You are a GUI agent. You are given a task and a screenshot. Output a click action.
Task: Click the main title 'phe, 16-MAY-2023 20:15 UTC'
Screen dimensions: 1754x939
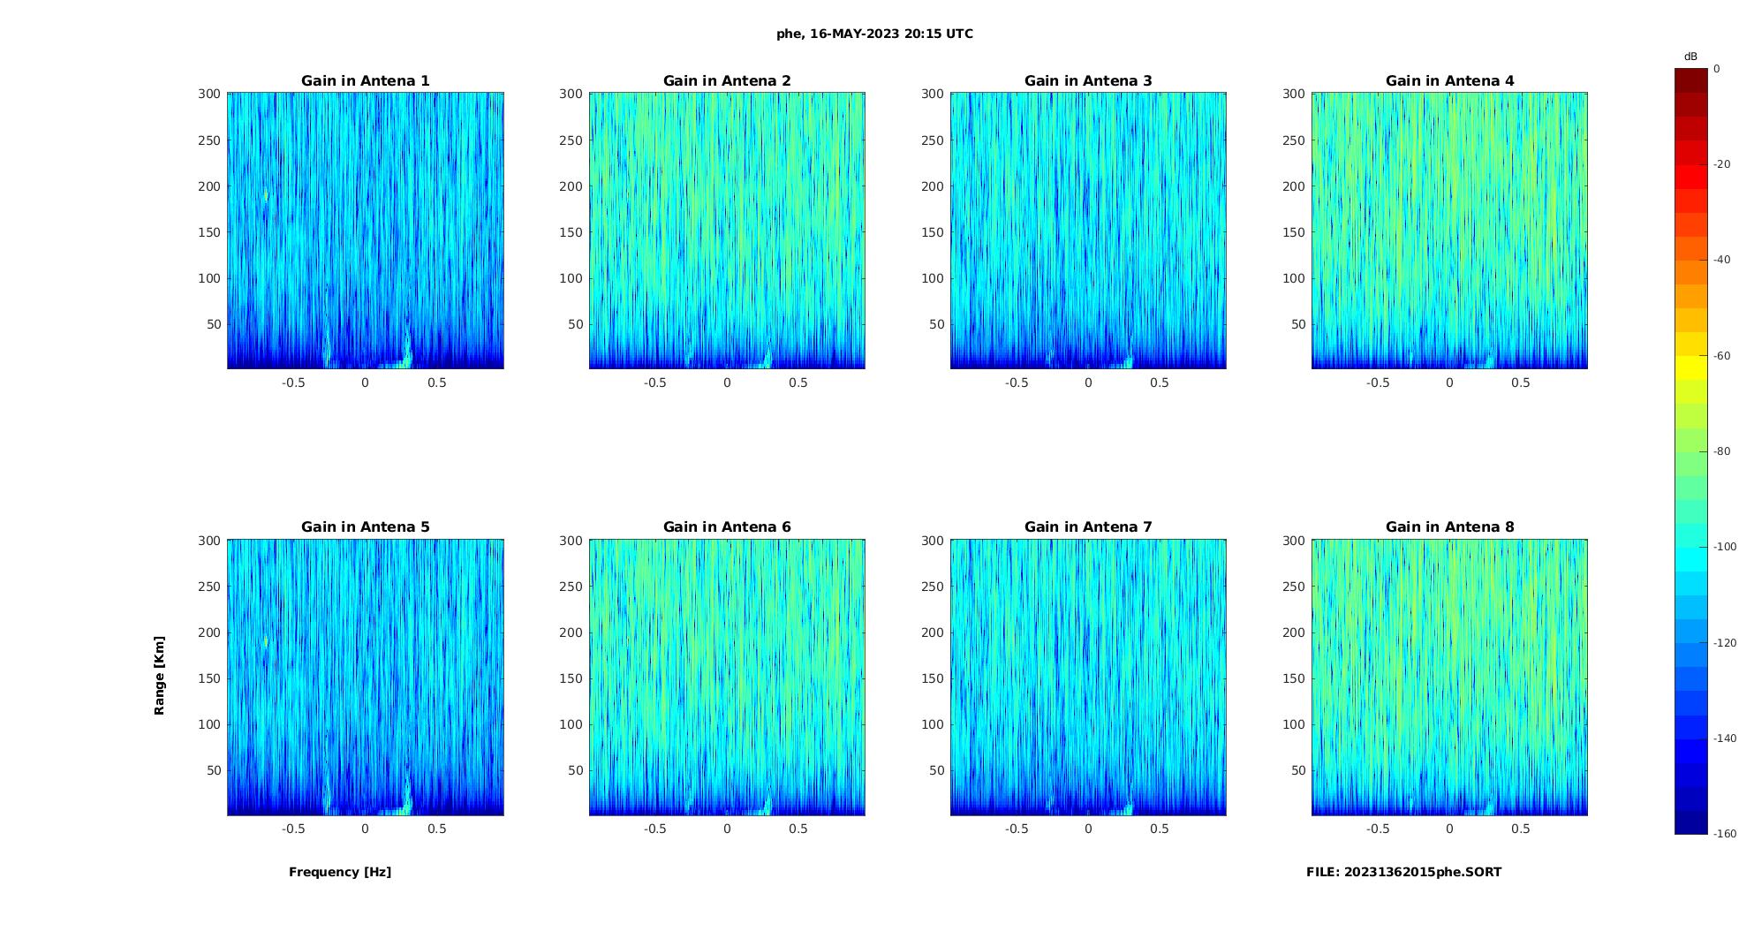(x=874, y=34)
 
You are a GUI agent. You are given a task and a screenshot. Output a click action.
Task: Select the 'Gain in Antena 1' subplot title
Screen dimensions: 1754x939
(x=366, y=80)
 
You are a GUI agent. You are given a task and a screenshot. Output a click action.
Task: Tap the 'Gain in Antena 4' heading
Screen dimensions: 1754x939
(x=1449, y=80)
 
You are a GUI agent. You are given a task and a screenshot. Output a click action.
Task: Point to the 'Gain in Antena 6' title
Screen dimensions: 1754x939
(x=727, y=526)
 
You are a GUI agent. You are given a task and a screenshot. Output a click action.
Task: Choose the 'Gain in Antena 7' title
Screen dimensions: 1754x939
(x=1088, y=526)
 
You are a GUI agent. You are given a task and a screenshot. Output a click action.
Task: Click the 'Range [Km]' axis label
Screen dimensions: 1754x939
(x=159, y=675)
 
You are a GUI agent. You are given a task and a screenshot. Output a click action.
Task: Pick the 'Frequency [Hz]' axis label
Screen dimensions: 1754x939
(x=340, y=872)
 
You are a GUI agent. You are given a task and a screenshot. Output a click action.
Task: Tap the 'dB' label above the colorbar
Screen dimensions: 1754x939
(x=1690, y=57)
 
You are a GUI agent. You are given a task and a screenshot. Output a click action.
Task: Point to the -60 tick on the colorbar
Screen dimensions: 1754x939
(x=1722, y=356)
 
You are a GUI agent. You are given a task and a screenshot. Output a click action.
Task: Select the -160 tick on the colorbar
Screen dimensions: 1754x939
(x=1725, y=834)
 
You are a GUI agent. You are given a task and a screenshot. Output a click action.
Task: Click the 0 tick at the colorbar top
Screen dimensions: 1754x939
(x=1717, y=69)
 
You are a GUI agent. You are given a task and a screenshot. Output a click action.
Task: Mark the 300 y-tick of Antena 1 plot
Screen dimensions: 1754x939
(x=208, y=94)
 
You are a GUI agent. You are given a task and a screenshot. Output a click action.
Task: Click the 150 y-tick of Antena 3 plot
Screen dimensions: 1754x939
(x=933, y=232)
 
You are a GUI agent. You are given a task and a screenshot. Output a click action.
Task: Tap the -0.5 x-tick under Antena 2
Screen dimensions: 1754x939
(x=654, y=382)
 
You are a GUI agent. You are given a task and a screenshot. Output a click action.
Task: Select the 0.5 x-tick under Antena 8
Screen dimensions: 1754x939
(x=1520, y=829)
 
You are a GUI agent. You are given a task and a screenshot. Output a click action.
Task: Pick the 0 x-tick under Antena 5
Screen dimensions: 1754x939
(x=365, y=829)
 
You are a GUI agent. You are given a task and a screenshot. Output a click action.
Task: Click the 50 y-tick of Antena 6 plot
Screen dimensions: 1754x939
(x=575, y=770)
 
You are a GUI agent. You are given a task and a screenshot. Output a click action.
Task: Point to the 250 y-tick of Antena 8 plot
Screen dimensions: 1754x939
(x=1294, y=587)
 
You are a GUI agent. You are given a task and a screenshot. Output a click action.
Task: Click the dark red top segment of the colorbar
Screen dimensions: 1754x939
(x=1691, y=80)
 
